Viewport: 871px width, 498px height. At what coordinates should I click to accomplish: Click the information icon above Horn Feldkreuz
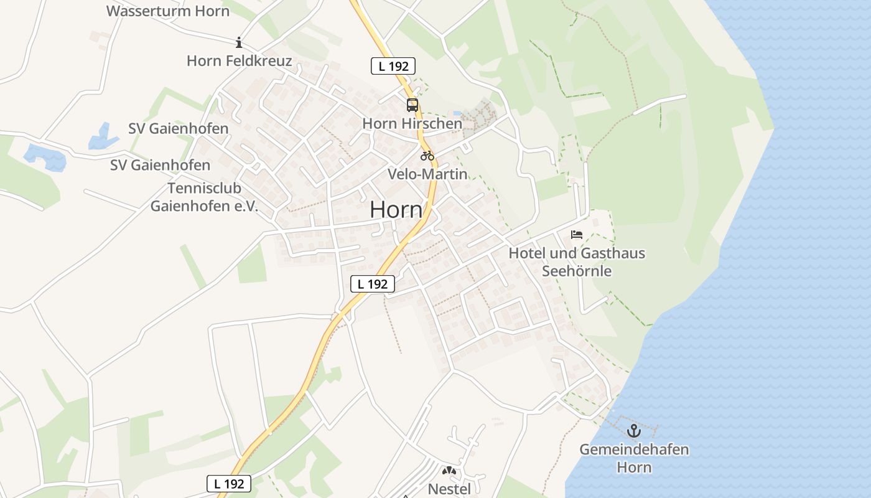point(239,42)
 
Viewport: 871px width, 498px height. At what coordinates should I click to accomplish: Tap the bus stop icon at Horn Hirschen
point(412,105)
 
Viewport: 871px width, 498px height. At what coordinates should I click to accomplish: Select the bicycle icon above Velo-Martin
point(427,156)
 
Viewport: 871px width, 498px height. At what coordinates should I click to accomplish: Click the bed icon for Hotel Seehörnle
point(577,235)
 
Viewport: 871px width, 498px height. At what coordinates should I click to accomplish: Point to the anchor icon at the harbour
point(633,431)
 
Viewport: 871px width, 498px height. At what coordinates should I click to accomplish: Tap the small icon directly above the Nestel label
point(449,471)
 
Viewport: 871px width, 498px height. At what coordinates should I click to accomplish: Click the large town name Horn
point(396,210)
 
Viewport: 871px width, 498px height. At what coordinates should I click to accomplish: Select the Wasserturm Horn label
point(168,11)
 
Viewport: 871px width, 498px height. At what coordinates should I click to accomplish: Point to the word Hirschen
point(431,123)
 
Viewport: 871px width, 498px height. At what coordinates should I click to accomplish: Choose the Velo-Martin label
point(427,174)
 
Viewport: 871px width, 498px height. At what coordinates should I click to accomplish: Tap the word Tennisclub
point(204,188)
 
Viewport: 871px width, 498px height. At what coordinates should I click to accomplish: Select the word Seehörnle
point(577,271)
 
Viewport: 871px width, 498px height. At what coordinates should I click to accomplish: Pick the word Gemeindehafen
point(634,449)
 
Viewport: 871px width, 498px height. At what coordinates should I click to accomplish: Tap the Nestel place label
point(449,489)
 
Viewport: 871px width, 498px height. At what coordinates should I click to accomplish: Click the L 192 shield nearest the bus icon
point(393,66)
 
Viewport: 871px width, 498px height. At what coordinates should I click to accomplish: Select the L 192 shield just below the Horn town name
point(373,284)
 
